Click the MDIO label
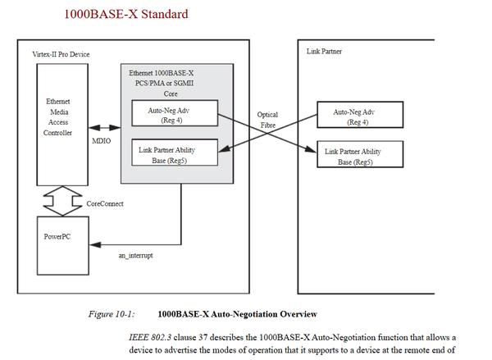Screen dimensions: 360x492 click(102, 140)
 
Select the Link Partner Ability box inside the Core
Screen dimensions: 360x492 click(175, 152)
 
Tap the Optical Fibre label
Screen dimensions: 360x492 click(267, 120)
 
